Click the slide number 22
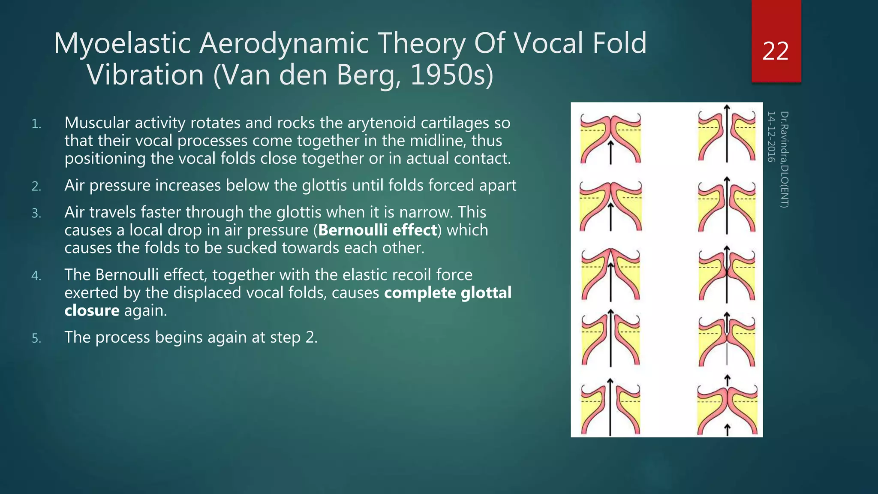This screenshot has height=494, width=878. (776, 51)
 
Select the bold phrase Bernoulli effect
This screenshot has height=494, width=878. (377, 230)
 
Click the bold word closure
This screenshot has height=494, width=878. (92, 310)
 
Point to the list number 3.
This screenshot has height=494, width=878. (36, 213)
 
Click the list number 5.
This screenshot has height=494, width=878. (36, 338)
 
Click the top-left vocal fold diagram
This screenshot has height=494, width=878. (610, 139)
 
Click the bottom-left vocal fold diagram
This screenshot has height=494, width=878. (610, 407)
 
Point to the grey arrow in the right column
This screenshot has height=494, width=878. (727, 354)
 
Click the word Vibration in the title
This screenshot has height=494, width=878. (145, 75)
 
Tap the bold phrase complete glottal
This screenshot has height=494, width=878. (448, 293)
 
